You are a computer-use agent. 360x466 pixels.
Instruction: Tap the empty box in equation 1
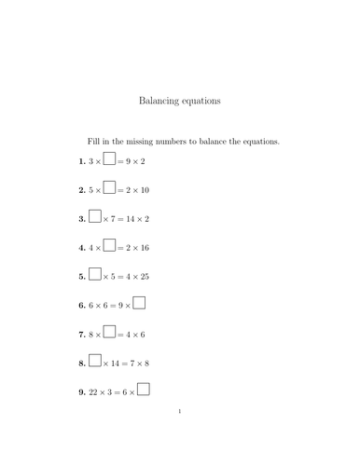point(109,159)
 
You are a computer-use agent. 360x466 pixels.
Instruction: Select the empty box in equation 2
point(109,188)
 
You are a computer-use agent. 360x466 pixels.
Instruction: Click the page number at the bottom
point(179,435)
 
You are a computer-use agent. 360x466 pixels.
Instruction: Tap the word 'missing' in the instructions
point(144,142)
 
